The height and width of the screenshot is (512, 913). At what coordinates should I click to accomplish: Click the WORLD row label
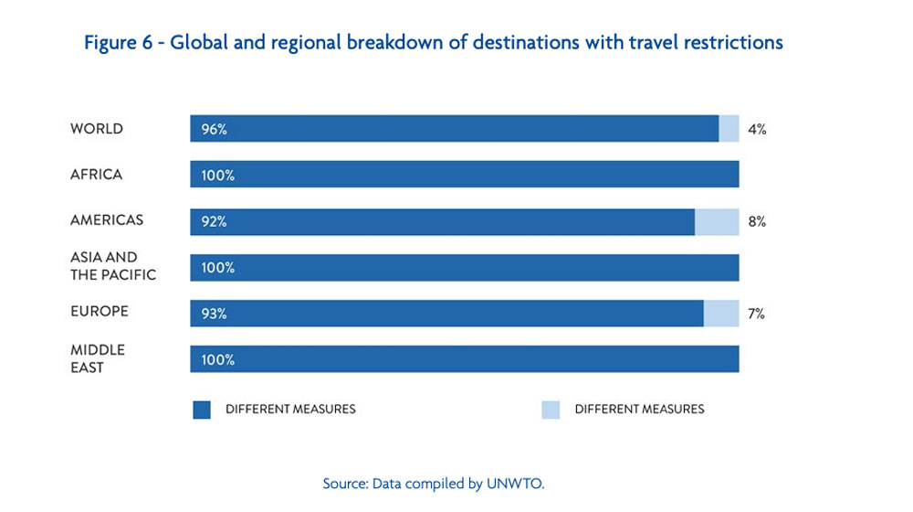tap(96, 129)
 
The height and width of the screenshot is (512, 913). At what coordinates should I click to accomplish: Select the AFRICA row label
tap(96, 175)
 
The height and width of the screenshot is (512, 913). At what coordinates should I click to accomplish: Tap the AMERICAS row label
tap(107, 220)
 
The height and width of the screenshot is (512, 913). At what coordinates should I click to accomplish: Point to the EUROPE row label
tap(100, 312)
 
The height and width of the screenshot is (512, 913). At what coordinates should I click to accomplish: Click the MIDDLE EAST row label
tap(98, 358)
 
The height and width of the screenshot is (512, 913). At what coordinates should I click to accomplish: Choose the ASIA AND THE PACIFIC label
tap(113, 266)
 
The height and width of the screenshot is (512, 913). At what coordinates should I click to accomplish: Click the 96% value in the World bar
tap(215, 130)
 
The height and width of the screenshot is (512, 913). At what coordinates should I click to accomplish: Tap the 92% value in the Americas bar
tap(215, 221)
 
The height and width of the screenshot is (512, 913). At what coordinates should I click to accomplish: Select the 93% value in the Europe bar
tap(215, 314)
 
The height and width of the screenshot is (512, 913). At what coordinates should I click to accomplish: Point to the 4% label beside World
tap(757, 130)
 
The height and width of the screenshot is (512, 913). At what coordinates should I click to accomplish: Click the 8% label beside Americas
tap(757, 221)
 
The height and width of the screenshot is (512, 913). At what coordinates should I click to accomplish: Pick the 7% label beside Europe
tap(756, 314)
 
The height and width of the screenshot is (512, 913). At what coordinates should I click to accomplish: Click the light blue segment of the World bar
tap(729, 129)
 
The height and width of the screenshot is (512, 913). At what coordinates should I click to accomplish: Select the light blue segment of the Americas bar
tap(717, 221)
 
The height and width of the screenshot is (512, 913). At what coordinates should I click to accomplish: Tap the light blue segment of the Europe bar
tap(721, 314)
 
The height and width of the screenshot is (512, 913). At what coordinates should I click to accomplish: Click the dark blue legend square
tap(202, 410)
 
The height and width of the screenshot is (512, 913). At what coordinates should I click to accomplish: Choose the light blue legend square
tap(550, 410)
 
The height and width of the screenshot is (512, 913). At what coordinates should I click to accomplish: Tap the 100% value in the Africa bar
tap(218, 176)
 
